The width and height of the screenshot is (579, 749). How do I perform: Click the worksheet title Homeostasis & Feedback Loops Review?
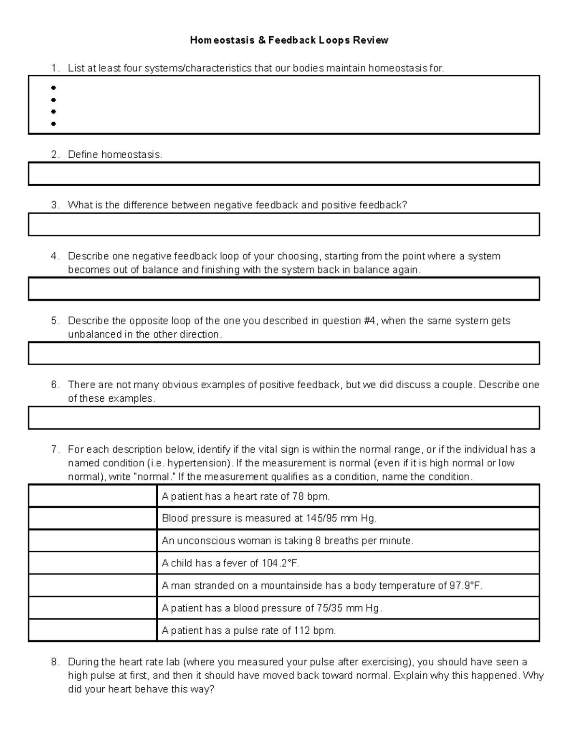click(x=289, y=41)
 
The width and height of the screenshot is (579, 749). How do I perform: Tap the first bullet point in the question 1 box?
click(x=53, y=88)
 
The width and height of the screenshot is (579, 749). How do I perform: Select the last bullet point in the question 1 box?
click(x=53, y=124)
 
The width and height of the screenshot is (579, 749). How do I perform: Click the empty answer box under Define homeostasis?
click(x=284, y=174)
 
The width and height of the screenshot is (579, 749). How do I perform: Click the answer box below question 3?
click(x=284, y=225)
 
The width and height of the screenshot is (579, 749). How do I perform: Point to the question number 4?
click(x=55, y=256)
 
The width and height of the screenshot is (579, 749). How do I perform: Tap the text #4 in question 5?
click(x=371, y=321)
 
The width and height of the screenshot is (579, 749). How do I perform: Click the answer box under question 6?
click(x=284, y=418)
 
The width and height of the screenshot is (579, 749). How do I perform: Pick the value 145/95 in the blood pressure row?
click(x=321, y=518)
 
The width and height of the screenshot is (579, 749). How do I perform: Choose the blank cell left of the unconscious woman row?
click(x=93, y=541)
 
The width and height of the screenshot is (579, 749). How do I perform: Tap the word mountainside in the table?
click(x=291, y=586)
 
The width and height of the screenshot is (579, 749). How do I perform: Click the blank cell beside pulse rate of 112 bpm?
click(x=93, y=630)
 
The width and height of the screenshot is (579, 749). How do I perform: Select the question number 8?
click(x=55, y=662)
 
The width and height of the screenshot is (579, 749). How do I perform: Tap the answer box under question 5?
click(x=284, y=354)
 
